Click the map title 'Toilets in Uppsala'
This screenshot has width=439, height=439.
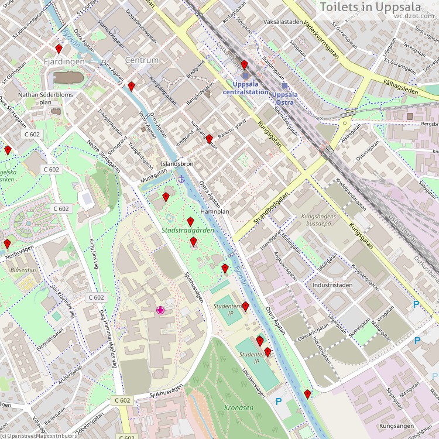tap(378, 7)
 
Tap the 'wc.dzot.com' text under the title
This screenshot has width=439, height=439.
tap(414, 16)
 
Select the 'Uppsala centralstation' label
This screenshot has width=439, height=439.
tap(245, 88)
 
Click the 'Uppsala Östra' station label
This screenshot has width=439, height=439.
tap(285, 98)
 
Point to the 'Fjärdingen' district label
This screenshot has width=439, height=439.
tap(64, 61)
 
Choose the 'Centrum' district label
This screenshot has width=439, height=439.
tap(142, 60)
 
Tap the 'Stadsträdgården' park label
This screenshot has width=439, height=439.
tap(187, 231)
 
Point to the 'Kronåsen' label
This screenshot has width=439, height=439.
tap(238, 407)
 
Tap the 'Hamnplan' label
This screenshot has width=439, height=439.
tap(214, 211)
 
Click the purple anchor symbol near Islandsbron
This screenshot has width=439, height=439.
tap(181, 179)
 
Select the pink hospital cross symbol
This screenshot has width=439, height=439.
tap(160, 310)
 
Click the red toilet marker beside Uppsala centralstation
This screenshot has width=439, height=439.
tap(244, 64)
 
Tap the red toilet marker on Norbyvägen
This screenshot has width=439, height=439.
tap(7, 243)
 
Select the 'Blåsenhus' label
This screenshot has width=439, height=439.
tap(23, 270)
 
